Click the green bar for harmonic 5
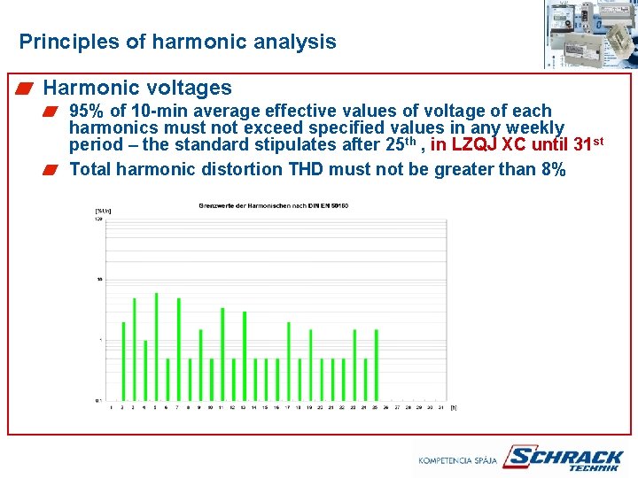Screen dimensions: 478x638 (156, 346)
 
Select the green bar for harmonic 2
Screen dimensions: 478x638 (123, 361)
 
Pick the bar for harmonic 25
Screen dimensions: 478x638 (376, 365)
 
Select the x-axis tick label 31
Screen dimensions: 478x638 (440, 407)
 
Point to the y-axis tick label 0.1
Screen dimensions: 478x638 (98, 400)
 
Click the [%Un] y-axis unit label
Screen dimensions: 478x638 (103, 211)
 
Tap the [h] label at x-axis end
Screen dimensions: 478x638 (453, 407)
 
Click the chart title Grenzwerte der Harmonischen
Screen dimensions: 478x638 (273, 205)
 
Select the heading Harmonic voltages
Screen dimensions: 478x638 (137, 88)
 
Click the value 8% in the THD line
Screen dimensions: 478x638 (552, 169)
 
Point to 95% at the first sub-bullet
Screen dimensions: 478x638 (87, 112)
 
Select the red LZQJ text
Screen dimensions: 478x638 (473, 144)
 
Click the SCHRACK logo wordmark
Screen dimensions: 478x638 (563, 457)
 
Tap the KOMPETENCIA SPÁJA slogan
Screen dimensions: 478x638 (458, 460)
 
